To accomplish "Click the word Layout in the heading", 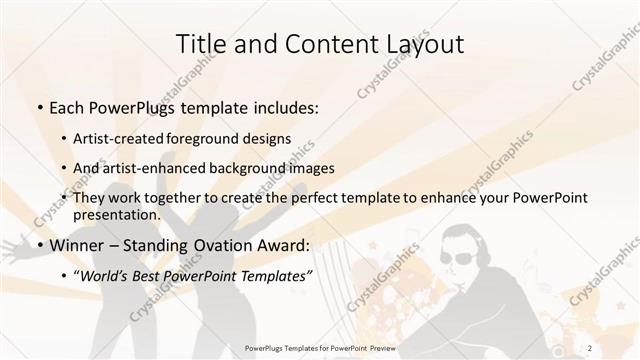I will (x=422, y=44).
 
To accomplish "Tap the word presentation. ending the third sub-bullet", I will (x=117, y=214).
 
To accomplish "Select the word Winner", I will (x=77, y=244).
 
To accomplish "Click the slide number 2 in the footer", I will (x=619, y=347).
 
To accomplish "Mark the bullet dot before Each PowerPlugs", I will (x=39, y=108).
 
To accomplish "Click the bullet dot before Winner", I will (x=39, y=244).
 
